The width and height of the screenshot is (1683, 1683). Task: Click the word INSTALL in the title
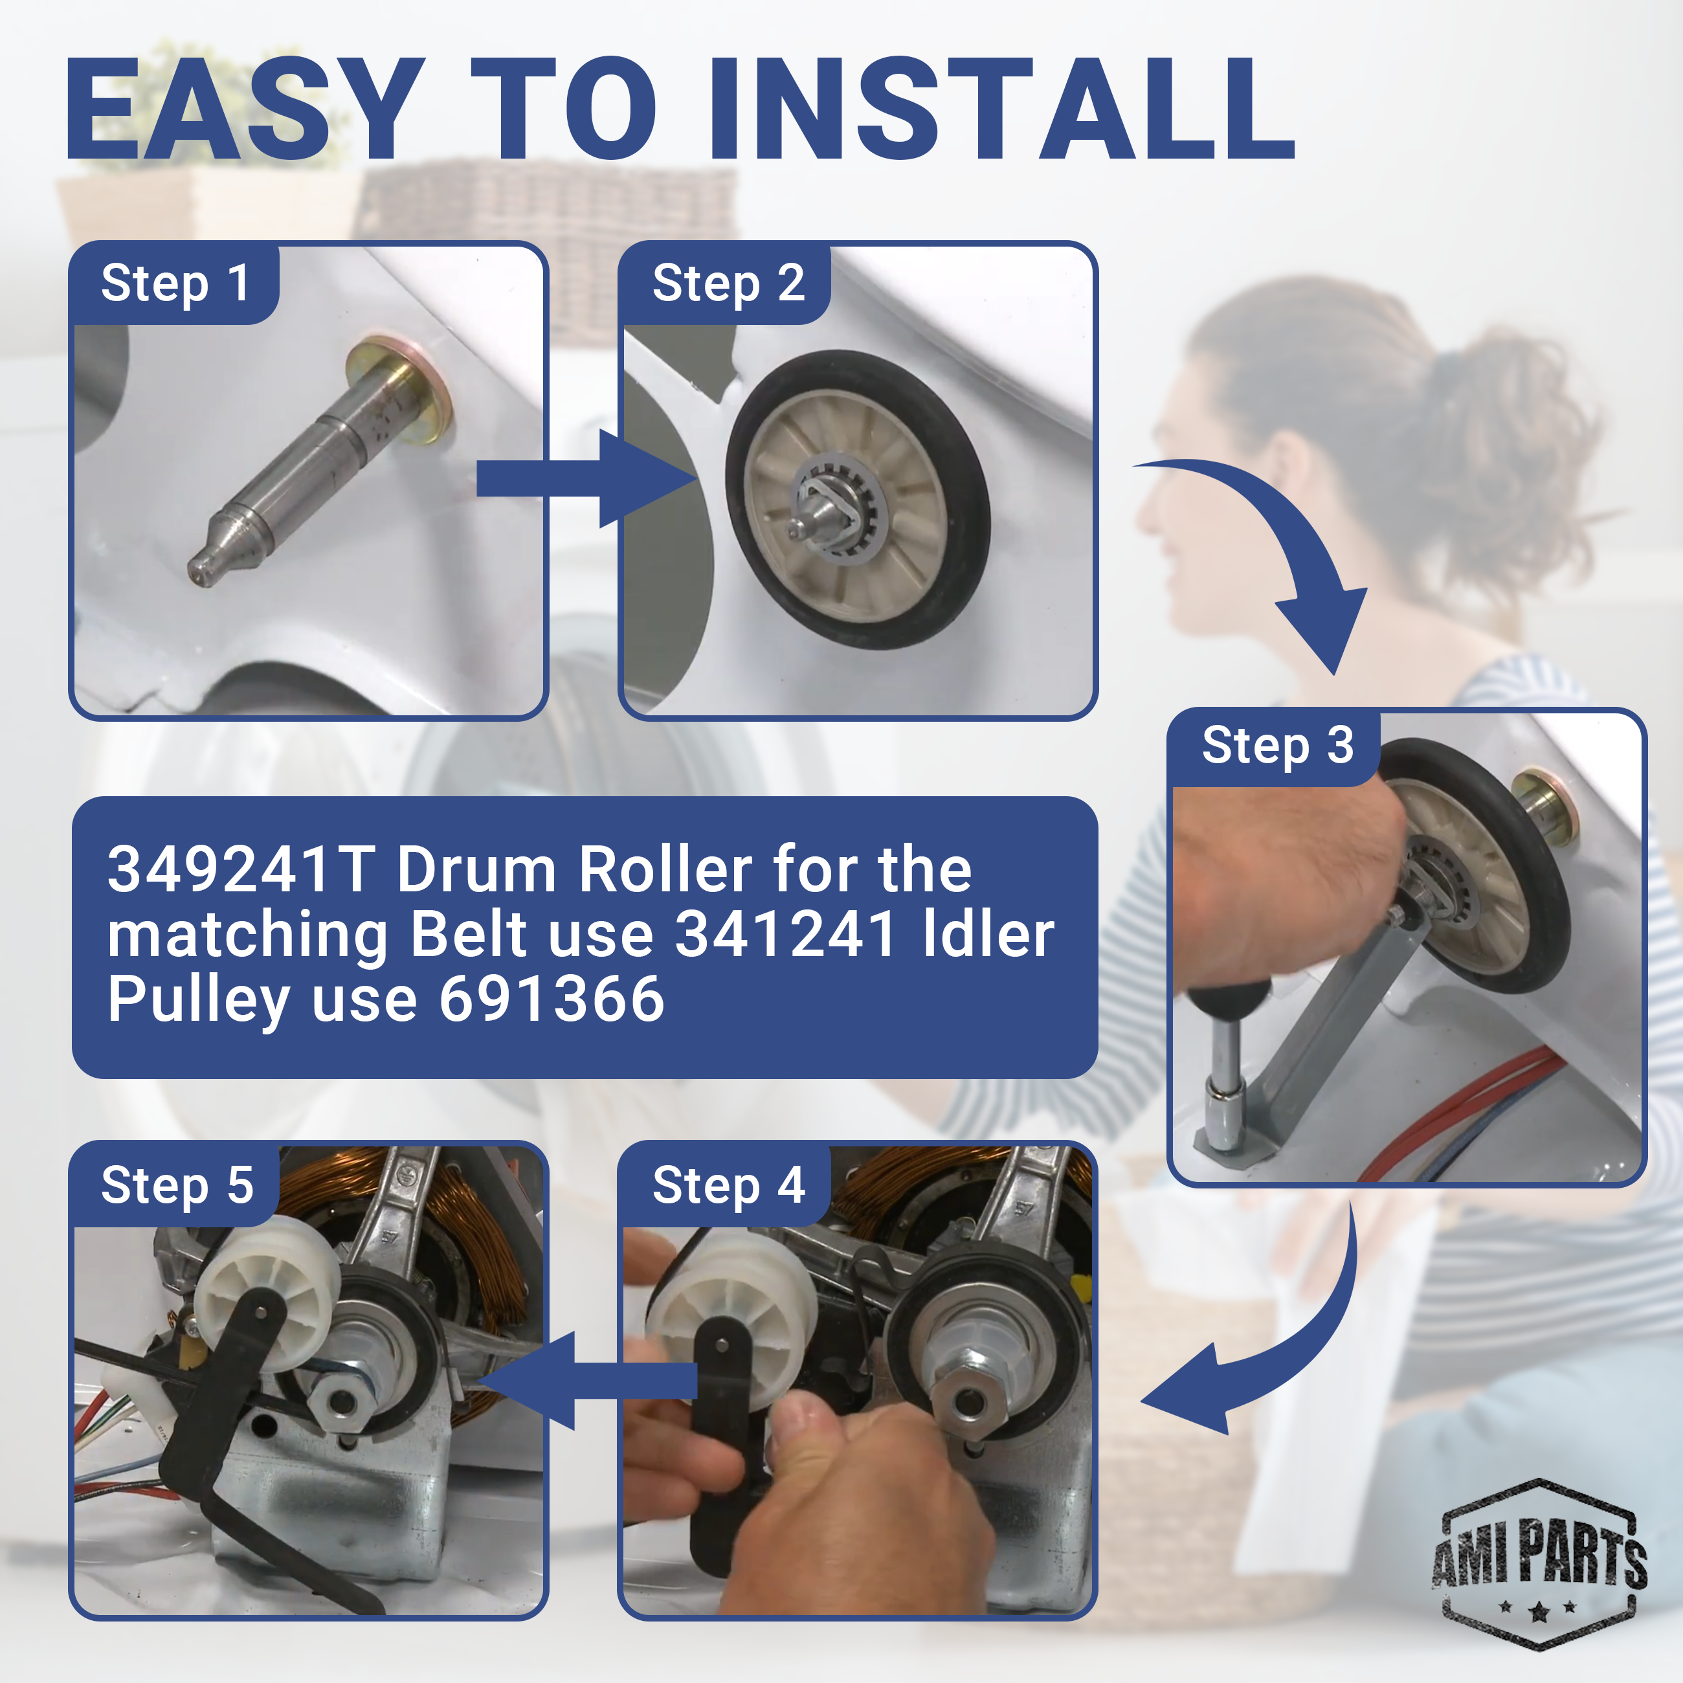(1002, 109)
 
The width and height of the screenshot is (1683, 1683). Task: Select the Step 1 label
(175, 284)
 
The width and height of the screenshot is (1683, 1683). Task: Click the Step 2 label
(728, 284)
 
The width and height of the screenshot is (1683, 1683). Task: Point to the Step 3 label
(1278, 746)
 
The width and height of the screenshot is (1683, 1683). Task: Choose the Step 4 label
(728, 1187)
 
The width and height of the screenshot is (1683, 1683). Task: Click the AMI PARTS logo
(1540, 1564)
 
